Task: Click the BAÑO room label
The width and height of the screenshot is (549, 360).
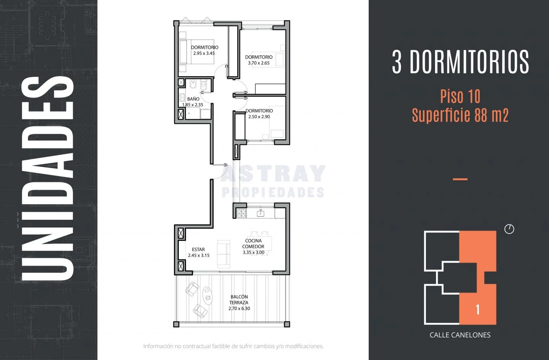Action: click(x=193, y=99)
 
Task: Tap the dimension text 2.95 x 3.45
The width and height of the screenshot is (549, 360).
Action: click(x=204, y=53)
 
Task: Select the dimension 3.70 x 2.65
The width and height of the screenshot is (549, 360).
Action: click(x=258, y=63)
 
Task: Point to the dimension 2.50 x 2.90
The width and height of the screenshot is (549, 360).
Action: click(x=259, y=117)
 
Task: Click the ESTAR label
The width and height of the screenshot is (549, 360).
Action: click(x=198, y=250)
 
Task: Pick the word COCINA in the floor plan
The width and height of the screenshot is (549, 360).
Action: click(x=254, y=241)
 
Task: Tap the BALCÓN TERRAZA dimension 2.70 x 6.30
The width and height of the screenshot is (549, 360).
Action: click(x=239, y=309)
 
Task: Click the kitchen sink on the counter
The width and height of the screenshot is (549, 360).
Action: click(x=260, y=213)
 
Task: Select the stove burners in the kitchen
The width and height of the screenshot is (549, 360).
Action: click(x=241, y=213)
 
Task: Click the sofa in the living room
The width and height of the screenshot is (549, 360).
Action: click(x=223, y=254)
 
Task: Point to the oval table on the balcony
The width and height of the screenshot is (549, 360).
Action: click(x=207, y=296)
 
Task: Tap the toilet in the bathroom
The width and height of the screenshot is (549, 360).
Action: click(x=204, y=86)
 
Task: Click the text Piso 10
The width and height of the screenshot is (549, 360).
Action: click(x=460, y=96)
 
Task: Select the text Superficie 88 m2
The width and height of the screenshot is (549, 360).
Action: click(x=460, y=115)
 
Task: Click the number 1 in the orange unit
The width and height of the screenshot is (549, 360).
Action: click(x=477, y=310)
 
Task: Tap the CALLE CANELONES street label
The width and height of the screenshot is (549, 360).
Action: click(x=460, y=335)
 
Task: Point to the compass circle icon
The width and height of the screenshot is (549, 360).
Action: click(x=509, y=229)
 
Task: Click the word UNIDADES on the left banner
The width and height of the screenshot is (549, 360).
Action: click(x=48, y=179)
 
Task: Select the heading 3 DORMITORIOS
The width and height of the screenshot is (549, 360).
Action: click(x=460, y=62)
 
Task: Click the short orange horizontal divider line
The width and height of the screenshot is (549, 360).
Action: click(x=460, y=179)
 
